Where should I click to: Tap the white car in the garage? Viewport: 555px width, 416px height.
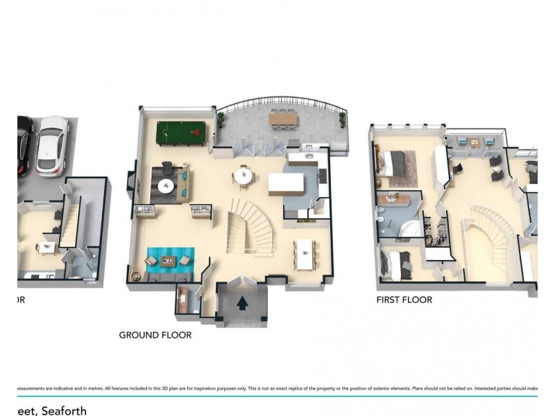point(52,145)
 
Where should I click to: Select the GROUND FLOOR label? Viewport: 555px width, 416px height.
point(155,335)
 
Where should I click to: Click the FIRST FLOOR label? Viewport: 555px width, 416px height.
point(404,300)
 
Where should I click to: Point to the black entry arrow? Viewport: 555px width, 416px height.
point(243,303)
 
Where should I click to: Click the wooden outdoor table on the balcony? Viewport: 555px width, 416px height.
point(282,119)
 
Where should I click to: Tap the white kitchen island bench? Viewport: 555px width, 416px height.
point(287,184)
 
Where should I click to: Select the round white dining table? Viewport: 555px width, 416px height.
point(244,177)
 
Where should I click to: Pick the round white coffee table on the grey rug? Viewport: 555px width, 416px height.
point(165,186)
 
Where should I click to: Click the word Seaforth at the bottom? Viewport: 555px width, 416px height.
point(64,411)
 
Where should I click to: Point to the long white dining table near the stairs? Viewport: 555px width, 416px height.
point(305,255)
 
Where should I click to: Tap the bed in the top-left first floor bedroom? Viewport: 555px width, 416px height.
point(395,164)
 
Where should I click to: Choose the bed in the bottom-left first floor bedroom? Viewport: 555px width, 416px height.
point(397,265)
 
